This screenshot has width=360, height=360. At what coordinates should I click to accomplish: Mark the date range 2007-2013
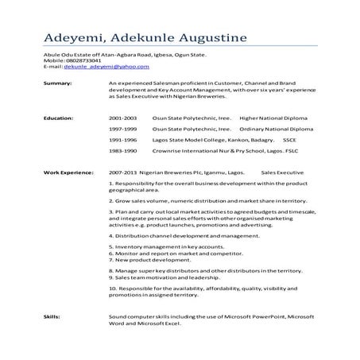point(125,171)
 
